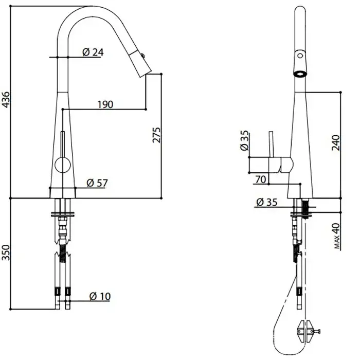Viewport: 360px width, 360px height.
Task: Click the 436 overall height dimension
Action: point(6,99)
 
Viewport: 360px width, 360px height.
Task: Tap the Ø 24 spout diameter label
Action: point(93,52)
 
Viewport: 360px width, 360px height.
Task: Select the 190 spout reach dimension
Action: point(105,104)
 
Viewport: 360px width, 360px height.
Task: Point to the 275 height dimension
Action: point(157,135)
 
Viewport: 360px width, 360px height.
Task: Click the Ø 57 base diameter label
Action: point(97,183)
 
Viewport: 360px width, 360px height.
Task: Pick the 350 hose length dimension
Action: point(6,253)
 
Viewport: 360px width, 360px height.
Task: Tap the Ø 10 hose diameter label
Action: point(100,296)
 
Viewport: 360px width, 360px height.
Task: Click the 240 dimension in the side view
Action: point(336,143)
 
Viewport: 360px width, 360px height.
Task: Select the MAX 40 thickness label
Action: point(337,236)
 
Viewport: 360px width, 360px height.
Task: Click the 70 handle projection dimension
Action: point(261,179)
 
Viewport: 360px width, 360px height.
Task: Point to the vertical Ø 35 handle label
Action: point(244,140)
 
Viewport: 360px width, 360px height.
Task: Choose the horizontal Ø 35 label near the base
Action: point(267,202)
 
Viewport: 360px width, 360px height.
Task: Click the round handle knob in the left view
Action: point(63,165)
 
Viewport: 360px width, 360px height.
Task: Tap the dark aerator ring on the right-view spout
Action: point(300,74)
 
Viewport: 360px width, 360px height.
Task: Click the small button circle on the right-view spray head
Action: point(300,56)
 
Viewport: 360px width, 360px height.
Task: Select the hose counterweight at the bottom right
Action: point(306,331)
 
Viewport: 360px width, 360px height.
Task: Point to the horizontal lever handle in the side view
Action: point(271,165)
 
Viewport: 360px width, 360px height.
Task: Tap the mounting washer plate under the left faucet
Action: point(63,215)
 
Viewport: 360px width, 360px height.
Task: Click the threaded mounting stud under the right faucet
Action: point(305,208)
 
